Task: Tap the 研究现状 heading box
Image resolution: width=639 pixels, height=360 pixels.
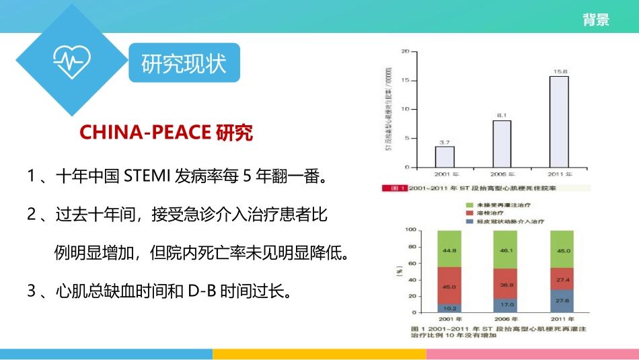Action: pos(184,65)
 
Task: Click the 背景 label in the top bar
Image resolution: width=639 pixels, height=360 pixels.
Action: pos(596,20)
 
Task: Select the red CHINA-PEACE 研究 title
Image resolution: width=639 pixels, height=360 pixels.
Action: pos(166,133)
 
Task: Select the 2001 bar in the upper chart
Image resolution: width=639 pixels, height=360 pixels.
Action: pos(445,157)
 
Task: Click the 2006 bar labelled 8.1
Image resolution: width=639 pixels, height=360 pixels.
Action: pos(502,144)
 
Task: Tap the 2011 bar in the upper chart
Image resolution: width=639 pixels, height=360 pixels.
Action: pos(559,122)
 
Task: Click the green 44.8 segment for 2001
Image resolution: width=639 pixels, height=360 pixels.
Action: pos(449,248)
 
